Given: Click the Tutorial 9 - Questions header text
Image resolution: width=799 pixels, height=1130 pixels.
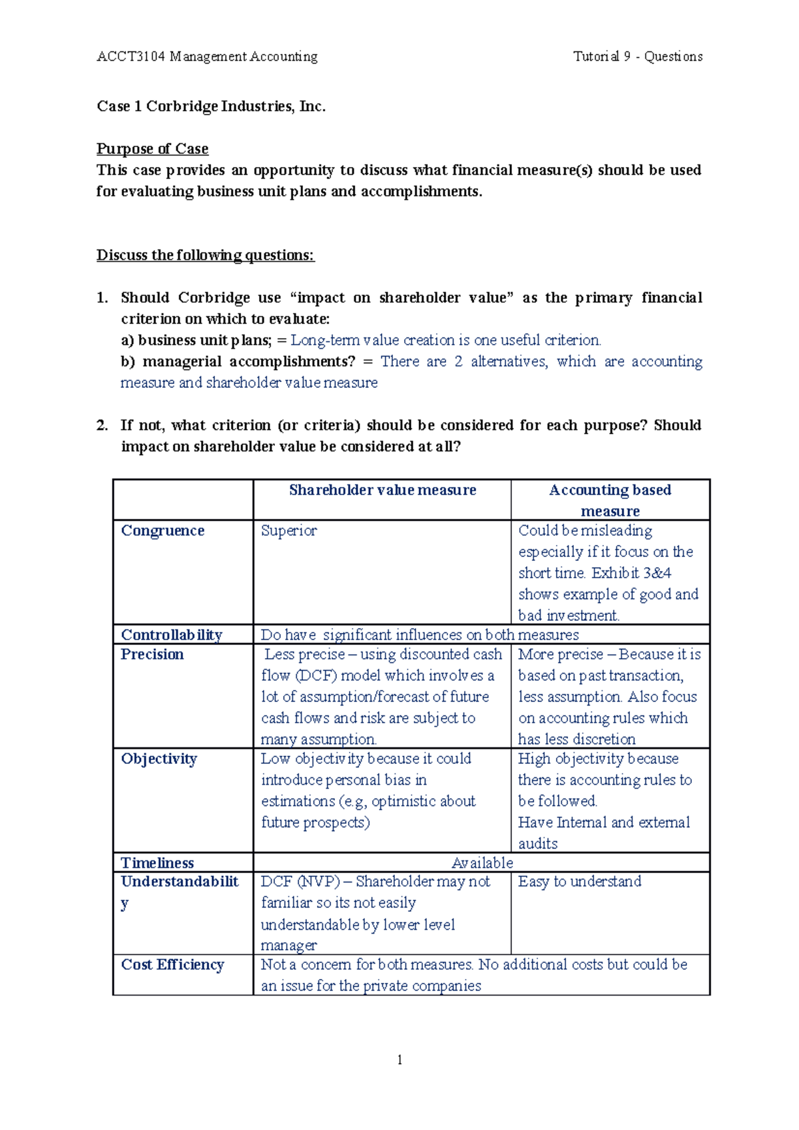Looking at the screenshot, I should [637, 57].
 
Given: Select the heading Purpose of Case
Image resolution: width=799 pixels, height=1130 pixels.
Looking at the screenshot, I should [152, 148].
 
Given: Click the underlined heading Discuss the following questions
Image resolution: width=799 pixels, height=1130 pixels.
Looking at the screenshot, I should [205, 255].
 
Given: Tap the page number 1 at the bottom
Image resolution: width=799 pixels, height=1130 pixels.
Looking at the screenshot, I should [400, 1060].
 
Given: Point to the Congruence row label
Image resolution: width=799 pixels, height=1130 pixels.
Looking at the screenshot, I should [162, 530].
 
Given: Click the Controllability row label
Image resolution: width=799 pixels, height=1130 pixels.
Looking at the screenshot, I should [171, 634].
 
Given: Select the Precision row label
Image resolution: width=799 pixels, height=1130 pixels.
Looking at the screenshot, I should [152, 654].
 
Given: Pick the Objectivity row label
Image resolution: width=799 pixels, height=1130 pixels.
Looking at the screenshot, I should [158, 759].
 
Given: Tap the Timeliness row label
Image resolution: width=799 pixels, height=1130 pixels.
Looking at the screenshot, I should [157, 862].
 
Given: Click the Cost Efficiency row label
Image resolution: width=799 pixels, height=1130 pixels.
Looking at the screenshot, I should [172, 964].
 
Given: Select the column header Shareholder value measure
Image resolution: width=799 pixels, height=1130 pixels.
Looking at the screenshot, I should [382, 490].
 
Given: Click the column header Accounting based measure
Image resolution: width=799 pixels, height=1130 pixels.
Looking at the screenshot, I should [610, 500].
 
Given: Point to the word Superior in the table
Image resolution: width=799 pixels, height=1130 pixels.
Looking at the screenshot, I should [288, 530].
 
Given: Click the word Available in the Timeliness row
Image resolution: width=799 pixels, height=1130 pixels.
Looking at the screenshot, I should [482, 862].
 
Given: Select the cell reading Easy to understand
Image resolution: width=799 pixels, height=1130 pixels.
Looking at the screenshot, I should [579, 881].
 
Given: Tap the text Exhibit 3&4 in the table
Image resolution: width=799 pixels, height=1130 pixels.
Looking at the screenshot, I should [631, 573].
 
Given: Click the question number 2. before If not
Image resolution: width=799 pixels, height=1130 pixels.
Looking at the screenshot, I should [102, 425].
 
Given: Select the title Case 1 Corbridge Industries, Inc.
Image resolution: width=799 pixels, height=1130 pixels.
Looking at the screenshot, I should [211, 106].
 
